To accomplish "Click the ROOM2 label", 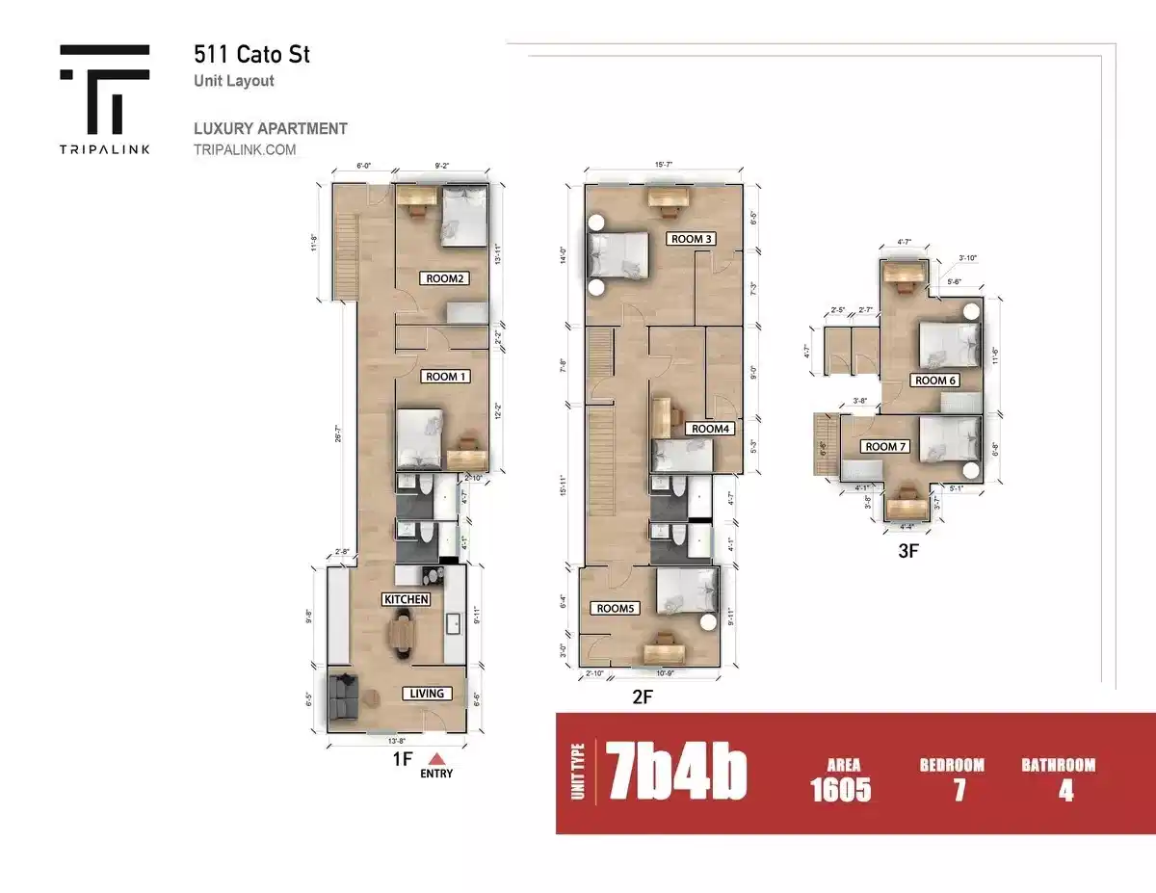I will pos(443,279).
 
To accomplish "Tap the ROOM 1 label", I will pos(445,377).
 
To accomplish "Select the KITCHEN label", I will pos(407,599).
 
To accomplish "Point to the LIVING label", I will pos(426,694).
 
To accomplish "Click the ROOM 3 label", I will pos(692,239).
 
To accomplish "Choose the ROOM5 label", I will pos(617,609).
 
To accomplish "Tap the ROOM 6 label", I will pos(935,381).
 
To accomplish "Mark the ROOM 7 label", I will pos(886,446).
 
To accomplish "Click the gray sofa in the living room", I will pos(342,696).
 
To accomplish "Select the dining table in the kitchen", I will pos(402,636).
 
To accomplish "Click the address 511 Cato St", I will pos(251,54).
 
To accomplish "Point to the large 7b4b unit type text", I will pos(676,772).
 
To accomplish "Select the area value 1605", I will pos(841,791).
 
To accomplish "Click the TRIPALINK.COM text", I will pos(245,150).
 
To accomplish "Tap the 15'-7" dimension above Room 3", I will pos(664,166).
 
